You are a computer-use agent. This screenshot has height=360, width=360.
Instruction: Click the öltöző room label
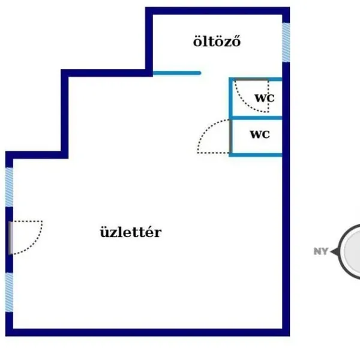click(217, 41)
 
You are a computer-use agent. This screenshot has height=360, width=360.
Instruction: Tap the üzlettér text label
click(131, 232)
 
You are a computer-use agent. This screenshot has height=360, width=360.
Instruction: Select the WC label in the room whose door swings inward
click(265, 98)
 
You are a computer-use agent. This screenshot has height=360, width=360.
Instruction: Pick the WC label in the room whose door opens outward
click(260, 134)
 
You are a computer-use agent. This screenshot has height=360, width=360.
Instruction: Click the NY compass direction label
click(321, 251)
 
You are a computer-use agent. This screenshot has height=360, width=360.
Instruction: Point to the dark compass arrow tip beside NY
click(331, 252)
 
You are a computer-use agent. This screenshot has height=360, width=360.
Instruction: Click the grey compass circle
click(349, 251)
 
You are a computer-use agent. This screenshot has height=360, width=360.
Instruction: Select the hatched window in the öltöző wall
click(286, 43)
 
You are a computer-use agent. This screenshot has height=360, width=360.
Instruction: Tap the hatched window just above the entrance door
click(9, 187)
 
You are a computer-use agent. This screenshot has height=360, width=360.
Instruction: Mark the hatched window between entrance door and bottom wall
click(9, 292)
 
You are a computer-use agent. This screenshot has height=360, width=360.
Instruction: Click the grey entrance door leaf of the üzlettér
click(11, 238)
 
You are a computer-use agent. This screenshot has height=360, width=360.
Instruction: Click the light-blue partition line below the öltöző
click(177, 73)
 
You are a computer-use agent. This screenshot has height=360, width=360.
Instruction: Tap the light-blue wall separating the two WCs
click(257, 118)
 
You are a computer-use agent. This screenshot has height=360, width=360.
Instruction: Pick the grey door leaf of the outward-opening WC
click(230, 136)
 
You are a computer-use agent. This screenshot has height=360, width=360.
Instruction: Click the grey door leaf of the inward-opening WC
click(251, 79)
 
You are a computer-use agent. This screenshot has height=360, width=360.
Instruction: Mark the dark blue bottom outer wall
click(148, 332)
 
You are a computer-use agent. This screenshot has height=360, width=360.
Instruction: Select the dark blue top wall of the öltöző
click(217, 11)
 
